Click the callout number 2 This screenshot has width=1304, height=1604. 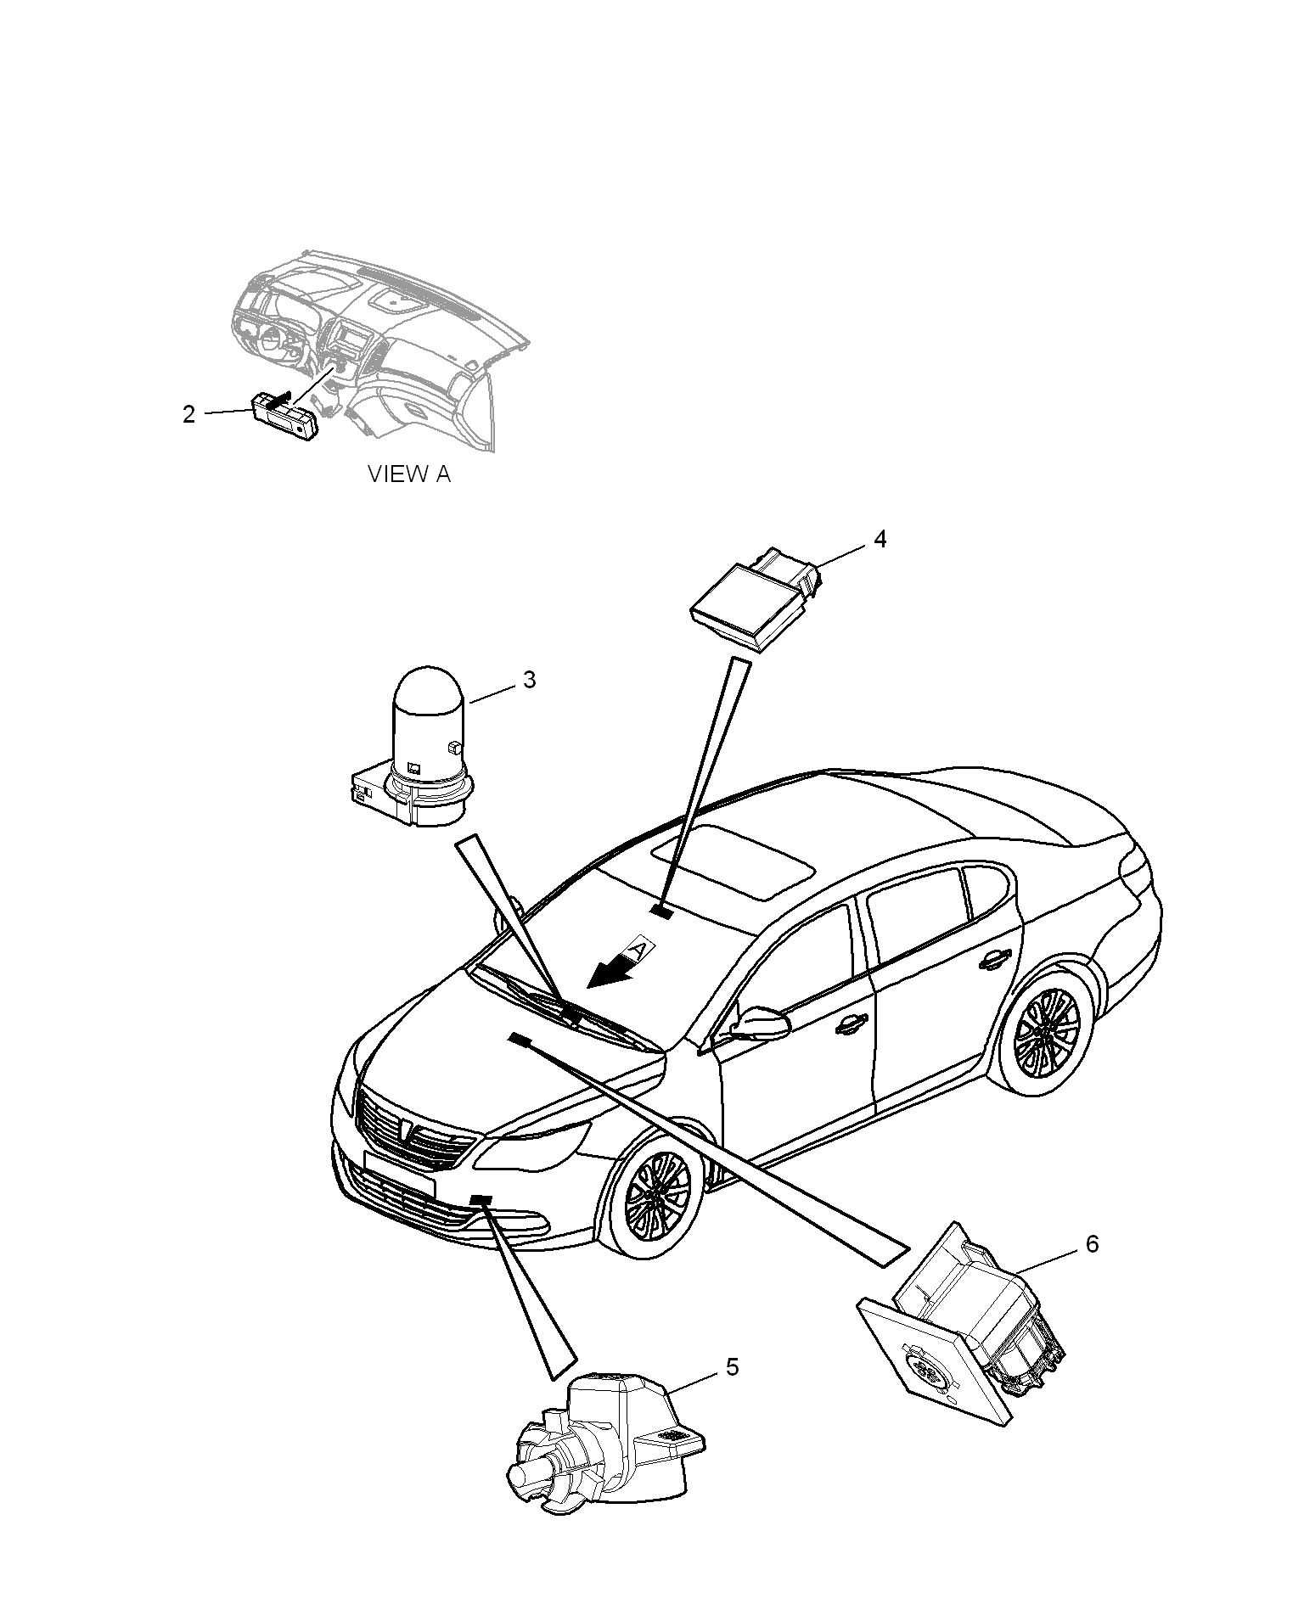coord(188,415)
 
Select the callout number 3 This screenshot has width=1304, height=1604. coord(529,681)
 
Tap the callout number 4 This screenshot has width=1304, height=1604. coord(880,539)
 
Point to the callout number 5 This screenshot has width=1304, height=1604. coord(732,1366)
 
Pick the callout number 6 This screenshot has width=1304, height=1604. coord(1092,1244)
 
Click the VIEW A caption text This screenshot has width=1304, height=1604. coord(408,474)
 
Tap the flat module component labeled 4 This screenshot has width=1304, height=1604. coord(754,596)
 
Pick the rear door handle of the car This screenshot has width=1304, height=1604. coord(991,960)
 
